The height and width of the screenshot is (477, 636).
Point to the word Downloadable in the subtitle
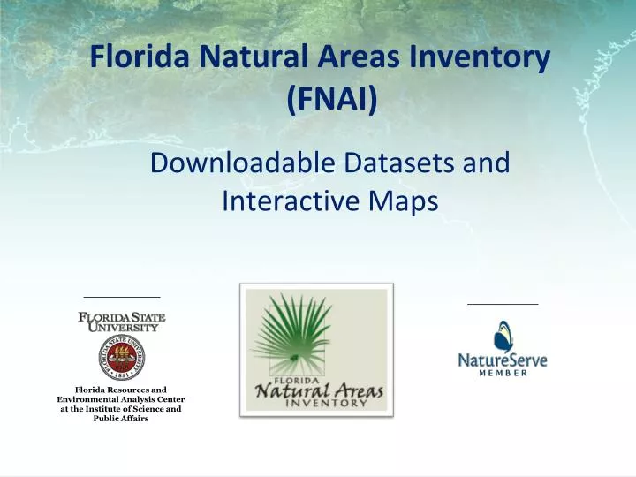click(239, 163)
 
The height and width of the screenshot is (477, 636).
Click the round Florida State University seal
click(122, 357)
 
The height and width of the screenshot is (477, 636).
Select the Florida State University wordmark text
click(122, 322)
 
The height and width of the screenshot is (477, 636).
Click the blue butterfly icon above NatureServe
click(504, 336)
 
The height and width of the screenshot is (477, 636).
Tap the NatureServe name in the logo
click(502, 360)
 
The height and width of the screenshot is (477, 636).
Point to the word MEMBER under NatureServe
click(503, 373)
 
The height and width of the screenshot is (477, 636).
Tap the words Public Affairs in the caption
click(121, 419)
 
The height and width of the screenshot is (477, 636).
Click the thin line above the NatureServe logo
click(502, 304)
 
